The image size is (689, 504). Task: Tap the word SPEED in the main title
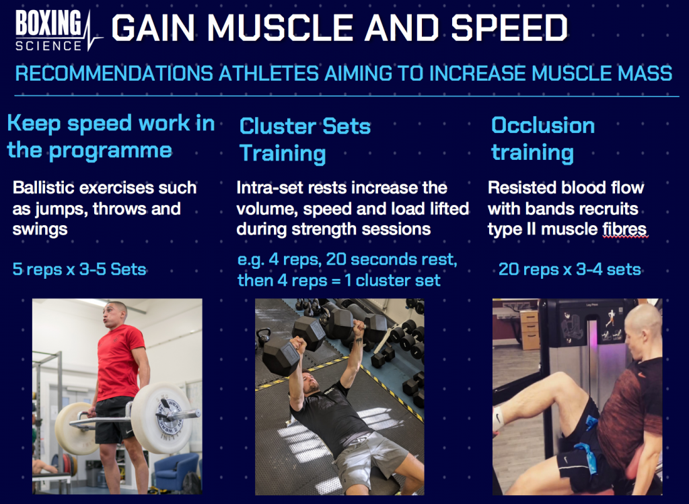click(x=509, y=28)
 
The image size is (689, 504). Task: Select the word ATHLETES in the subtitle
click(x=268, y=73)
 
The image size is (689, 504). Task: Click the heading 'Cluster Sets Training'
click(x=305, y=140)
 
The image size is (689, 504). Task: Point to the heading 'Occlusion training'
click(x=543, y=139)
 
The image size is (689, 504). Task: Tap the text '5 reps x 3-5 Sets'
click(x=79, y=269)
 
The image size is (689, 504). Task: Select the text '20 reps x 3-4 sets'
click(x=569, y=269)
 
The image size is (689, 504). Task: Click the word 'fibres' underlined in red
click(x=624, y=228)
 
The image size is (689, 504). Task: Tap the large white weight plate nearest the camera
click(x=161, y=417)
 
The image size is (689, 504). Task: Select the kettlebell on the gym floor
click(x=264, y=339)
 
